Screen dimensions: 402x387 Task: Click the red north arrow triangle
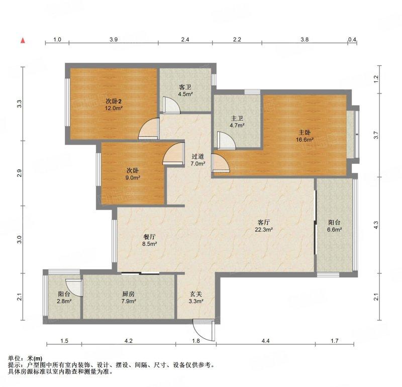[x=23, y=41]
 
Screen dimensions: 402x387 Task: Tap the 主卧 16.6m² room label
[x=305, y=136]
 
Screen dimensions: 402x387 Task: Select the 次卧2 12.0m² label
[x=114, y=104]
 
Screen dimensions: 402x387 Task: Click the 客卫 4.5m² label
[x=185, y=90]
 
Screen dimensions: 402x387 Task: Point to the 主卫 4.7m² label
[x=237, y=122]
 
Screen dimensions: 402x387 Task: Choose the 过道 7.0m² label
[x=198, y=160]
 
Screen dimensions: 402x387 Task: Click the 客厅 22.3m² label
[x=263, y=226]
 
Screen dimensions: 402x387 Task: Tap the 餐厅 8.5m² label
[x=150, y=240]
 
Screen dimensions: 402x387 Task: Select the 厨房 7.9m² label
[x=129, y=298]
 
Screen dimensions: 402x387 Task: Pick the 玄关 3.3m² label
[x=196, y=298]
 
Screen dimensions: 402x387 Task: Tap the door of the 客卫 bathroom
[x=171, y=105]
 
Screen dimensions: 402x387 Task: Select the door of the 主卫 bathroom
[x=226, y=140]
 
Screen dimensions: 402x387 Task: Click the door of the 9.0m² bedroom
[x=174, y=153]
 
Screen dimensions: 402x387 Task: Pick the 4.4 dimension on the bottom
[x=266, y=341]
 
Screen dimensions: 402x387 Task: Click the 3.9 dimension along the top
[x=114, y=40]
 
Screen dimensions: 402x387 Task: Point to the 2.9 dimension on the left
[x=19, y=173]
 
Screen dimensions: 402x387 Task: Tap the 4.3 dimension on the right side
[x=376, y=225]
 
